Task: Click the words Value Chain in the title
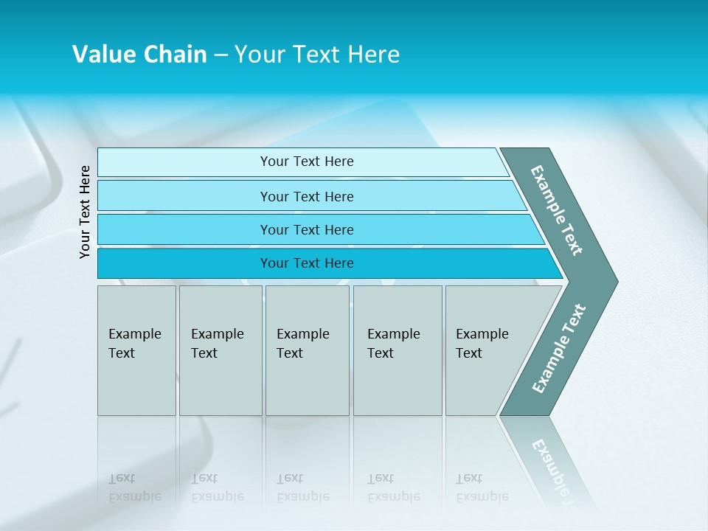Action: click(139, 55)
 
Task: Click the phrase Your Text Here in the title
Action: click(317, 55)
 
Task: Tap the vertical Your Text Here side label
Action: click(86, 212)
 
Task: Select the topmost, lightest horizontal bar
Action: click(184, 162)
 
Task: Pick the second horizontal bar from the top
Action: click(184, 196)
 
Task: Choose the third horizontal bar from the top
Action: click(184, 229)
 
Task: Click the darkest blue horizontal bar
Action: click(184, 263)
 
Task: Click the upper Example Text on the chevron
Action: click(557, 210)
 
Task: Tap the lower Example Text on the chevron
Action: click(559, 348)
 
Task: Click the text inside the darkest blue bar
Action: click(307, 263)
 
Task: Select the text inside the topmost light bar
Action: click(307, 162)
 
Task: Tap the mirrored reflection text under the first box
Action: click(134, 488)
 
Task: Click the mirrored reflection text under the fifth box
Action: click(482, 488)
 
